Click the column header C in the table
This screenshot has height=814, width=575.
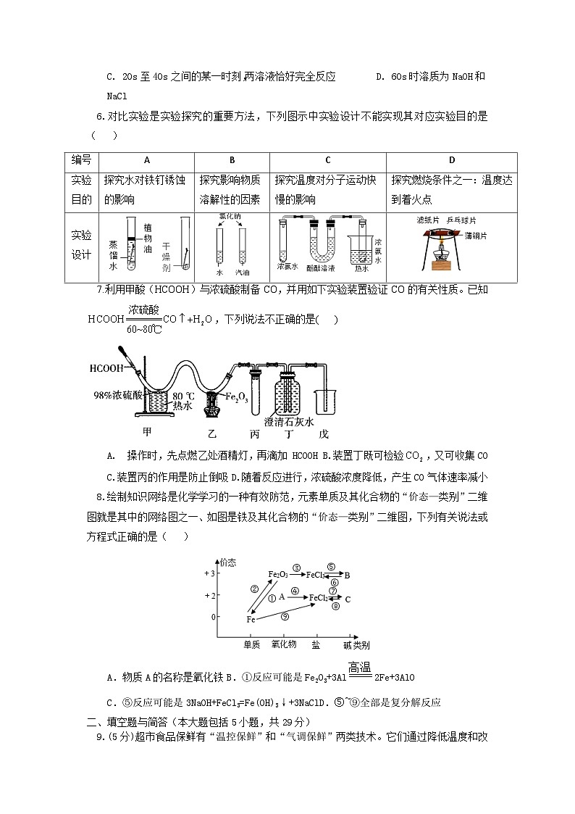tap(327, 160)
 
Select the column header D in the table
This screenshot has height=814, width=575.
tap(451, 160)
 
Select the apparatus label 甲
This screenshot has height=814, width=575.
tap(147, 433)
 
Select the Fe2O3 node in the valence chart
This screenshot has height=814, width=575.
tap(278, 575)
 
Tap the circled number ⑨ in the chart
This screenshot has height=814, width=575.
tap(285, 616)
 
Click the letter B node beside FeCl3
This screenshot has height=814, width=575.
tap(347, 576)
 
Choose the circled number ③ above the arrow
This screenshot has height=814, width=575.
tap(296, 568)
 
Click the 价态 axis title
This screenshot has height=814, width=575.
tap(228, 562)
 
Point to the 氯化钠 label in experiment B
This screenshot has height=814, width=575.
tap(230, 217)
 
